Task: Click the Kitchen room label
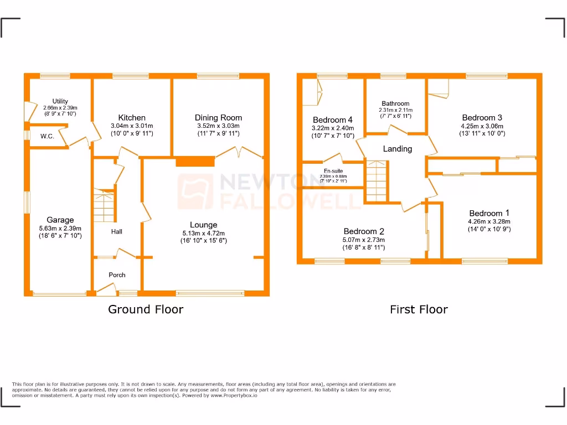132,117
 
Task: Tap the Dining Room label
218,117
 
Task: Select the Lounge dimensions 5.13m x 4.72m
203,233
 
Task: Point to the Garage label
60,220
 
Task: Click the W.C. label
47,136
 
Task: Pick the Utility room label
60,101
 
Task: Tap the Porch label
117,275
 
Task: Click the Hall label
116,232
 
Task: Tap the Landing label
397,149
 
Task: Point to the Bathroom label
395,103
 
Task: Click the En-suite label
333,171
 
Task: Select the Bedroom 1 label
489,213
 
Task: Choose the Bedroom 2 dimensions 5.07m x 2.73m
364,240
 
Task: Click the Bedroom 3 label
482,117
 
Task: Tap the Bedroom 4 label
332,120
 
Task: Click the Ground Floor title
145,309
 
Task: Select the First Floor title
419,309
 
